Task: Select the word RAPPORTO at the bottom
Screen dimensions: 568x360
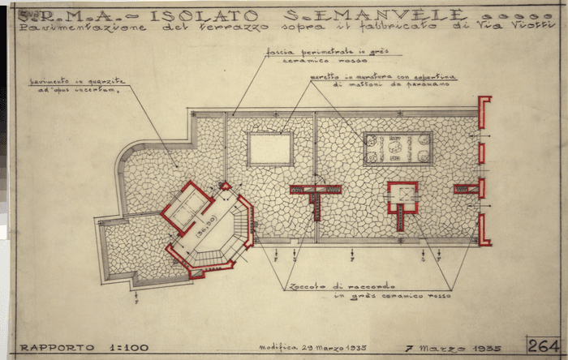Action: pyautogui.click(x=51, y=348)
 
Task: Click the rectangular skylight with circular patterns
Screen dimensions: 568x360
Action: pyautogui.click(x=398, y=149)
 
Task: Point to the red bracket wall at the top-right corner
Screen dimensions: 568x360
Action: pyautogui.click(x=484, y=112)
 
